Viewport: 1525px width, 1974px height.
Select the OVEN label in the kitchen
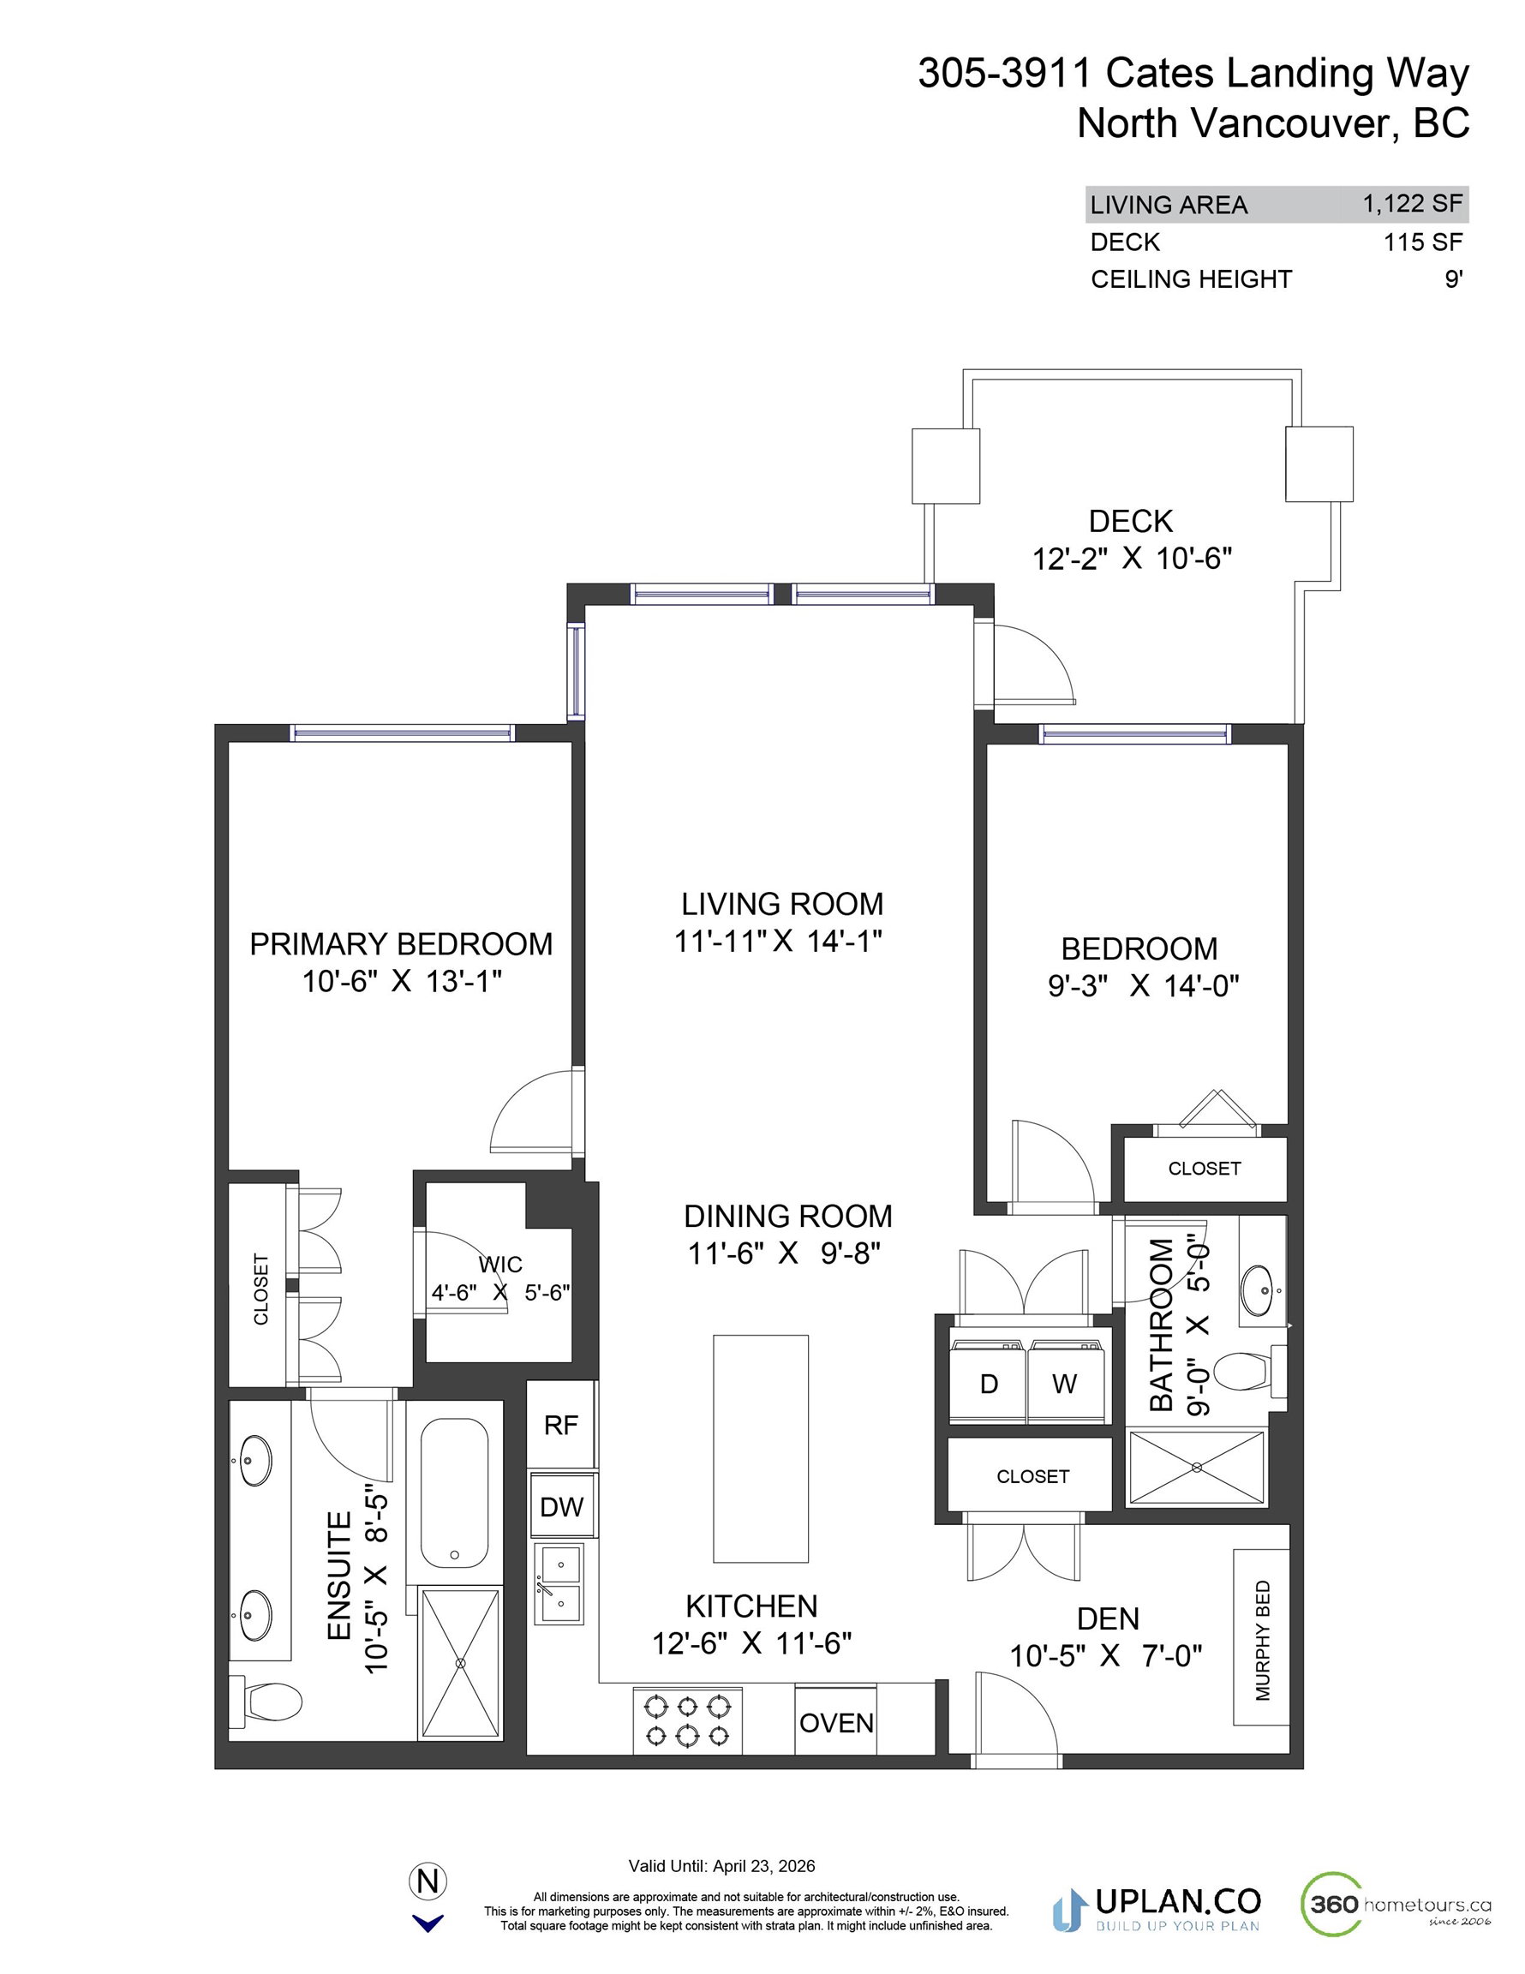point(836,1723)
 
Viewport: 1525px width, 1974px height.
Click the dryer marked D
point(988,1384)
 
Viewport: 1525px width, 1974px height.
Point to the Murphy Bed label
point(1263,1640)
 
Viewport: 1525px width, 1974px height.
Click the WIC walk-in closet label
point(499,1264)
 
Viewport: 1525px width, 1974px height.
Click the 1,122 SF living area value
point(1413,203)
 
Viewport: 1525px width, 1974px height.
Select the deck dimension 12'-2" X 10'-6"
point(1132,559)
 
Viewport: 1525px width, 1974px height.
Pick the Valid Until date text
point(721,1865)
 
